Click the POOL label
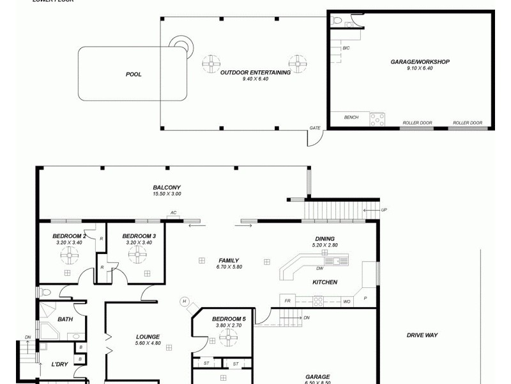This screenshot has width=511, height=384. click(x=133, y=74)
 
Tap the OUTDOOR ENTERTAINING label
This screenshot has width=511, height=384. click(x=256, y=72)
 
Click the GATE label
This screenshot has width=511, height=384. click(x=315, y=127)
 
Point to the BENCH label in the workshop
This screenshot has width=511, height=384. click(x=351, y=117)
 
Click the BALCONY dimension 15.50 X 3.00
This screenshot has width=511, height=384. click(x=167, y=193)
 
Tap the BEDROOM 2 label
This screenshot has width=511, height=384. click(x=69, y=236)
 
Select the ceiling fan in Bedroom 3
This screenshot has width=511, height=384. click(x=137, y=255)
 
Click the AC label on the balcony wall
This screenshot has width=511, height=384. click(x=173, y=212)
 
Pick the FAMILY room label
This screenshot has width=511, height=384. click(x=228, y=260)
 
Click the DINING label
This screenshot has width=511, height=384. click(x=324, y=239)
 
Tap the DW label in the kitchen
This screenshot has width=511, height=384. click(x=319, y=269)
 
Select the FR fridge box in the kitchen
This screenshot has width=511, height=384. click(x=287, y=300)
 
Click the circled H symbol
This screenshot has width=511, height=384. click(x=185, y=301)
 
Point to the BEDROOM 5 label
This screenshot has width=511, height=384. click(x=229, y=319)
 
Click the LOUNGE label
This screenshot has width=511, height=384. click(x=148, y=337)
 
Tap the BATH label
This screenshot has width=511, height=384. click(x=65, y=319)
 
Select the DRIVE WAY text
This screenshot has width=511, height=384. click(x=422, y=335)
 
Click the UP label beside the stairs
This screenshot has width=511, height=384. click(x=384, y=210)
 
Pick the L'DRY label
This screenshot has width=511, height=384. click(x=59, y=365)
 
